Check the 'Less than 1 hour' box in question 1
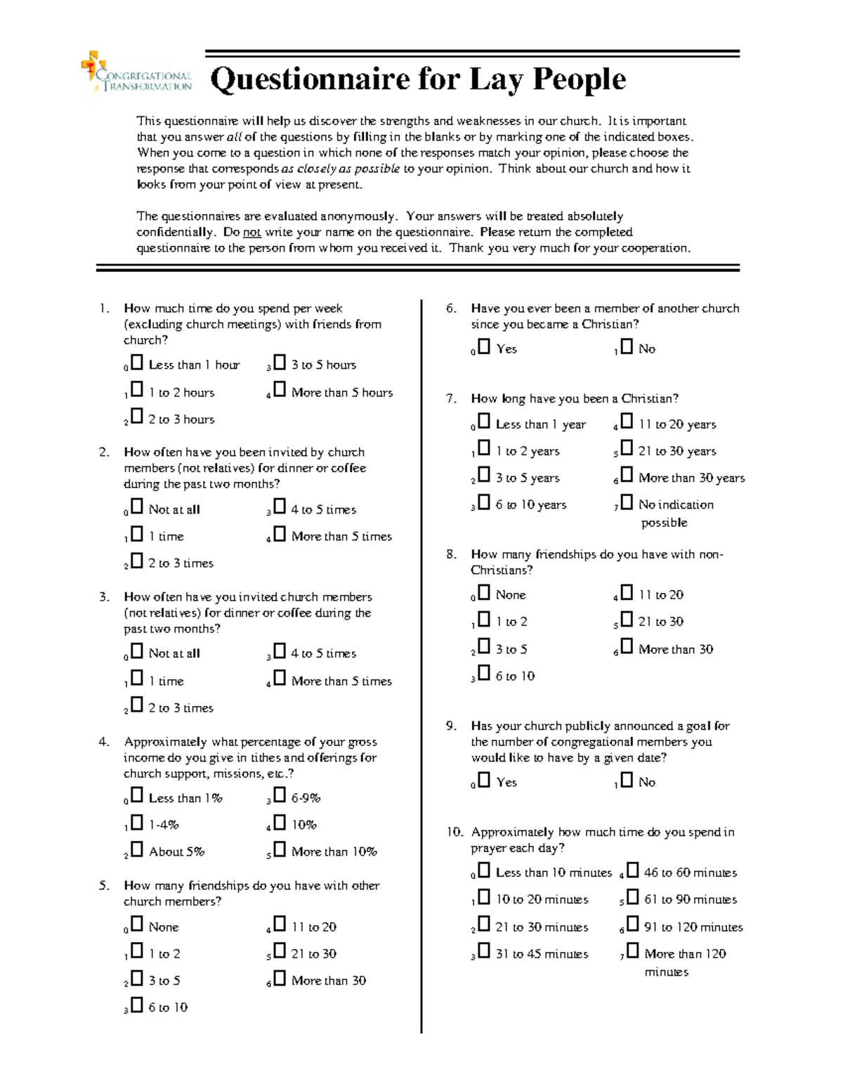click(137, 362)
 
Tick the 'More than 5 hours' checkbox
click(280, 390)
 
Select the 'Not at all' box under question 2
click(137, 507)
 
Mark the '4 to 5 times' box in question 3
click(280, 651)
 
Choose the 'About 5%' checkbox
click(137, 849)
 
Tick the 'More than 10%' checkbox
click(280, 849)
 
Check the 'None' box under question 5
click(137, 925)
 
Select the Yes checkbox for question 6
click(484, 346)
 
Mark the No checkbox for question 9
click(627, 780)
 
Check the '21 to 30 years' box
click(627, 449)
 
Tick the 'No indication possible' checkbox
click(627, 502)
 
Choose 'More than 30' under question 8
click(627, 647)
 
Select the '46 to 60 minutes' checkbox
click(632, 870)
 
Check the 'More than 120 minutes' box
click(632, 951)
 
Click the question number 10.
click(454, 832)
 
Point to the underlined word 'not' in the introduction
click(252, 233)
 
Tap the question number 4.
click(104, 742)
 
